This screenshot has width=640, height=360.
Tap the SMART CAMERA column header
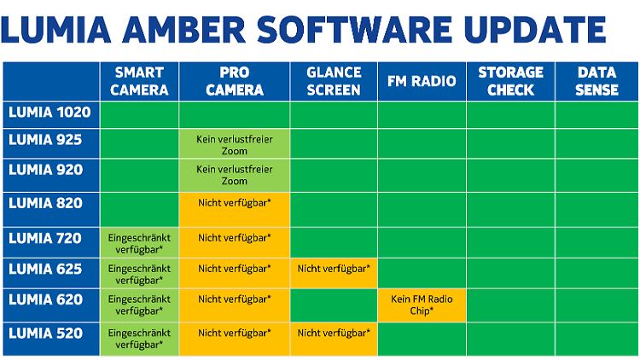(x=139, y=81)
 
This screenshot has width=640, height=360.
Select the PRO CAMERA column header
(x=235, y=81)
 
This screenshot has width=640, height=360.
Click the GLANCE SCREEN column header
(x=334, y=81)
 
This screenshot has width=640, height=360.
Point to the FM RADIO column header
(x=422, y=81)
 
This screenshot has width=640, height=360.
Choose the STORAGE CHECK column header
(x=510, y=81)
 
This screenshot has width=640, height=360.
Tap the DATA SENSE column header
(x=596, y=81)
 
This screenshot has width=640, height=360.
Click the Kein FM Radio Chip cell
(x=422, y=305)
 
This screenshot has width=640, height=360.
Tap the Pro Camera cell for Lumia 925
(x=235, y=143)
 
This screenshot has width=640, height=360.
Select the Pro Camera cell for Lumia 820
(x=235, y=210)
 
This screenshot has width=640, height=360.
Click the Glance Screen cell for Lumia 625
(x=334, y=273)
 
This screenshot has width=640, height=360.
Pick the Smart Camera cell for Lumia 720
(x=139, y=243)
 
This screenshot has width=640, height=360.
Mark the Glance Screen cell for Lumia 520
(x=334, y=340)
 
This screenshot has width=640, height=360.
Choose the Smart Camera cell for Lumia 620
(x=139, y=305)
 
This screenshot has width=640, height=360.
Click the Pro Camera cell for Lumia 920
(x=235, y=176)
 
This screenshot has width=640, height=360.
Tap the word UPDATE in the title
(x=535, y=29)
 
